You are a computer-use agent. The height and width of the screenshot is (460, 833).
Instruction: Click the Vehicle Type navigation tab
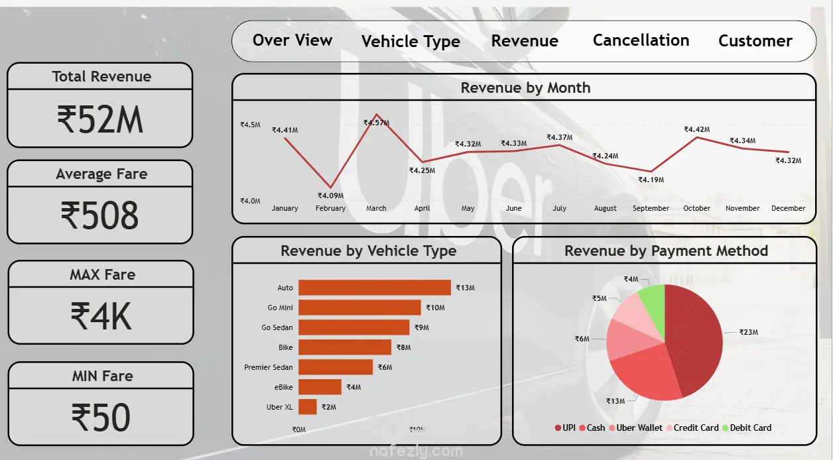coord(411,42)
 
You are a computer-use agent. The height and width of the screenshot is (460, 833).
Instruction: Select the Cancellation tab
coord(641,40)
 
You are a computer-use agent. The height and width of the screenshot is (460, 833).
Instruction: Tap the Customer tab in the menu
coord(755,41)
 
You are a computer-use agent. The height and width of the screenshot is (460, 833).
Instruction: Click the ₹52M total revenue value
coord(100,120)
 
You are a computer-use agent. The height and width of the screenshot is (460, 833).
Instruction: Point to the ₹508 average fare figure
coord(100,216)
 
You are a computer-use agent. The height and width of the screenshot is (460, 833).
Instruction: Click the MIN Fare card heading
coord(102,376)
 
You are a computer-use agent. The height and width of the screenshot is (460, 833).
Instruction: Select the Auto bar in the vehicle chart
coord(375,288)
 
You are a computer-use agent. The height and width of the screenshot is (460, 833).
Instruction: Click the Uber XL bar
coord(308,407)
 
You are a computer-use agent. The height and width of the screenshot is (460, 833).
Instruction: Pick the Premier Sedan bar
coord(336,367)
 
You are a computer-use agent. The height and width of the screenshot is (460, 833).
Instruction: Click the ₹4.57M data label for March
coord(376,123)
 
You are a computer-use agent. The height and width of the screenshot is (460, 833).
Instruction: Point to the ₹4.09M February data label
coord(330,196)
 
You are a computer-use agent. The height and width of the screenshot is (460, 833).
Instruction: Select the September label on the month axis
coord(651,208)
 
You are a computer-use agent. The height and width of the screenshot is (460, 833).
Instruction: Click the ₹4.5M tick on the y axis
coord(250,125)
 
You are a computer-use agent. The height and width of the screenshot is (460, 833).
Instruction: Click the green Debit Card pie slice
coord(653,302)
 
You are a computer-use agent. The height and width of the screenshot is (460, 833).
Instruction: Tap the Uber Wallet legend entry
coord(635,428)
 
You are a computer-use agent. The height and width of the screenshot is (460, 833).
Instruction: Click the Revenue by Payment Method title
coord(666,251)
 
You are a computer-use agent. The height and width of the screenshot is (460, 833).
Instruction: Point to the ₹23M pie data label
coord(749,332)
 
